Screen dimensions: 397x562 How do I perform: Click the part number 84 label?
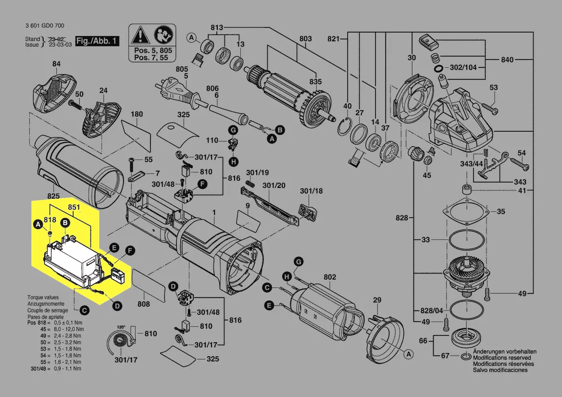[x=57, y=64]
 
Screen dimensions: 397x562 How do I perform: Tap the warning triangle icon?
[x=140, y=35]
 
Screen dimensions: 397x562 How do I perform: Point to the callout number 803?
[x=306, y=39]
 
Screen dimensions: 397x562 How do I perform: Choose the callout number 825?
[x=53, y=196]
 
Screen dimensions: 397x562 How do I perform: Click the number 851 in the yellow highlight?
[x=74, y=207]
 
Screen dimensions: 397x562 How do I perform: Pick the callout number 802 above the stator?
[x=330, y=277]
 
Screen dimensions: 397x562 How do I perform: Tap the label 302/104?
[x=463, y=68]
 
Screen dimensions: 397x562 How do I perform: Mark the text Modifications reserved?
[x=502, y=358]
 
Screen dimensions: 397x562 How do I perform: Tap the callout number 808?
[x=143, y=304]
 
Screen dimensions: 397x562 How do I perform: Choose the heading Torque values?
[x=43, y=298]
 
